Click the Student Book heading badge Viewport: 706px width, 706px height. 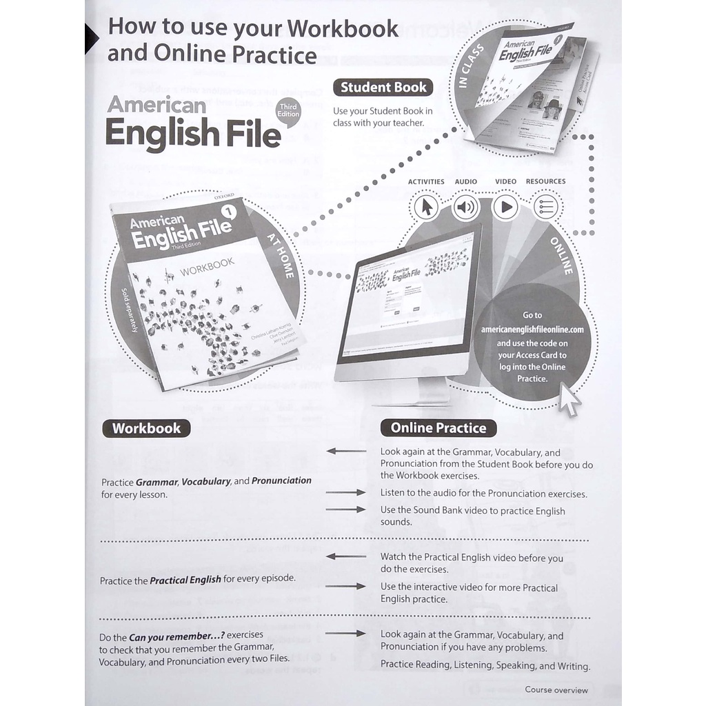[383, 88]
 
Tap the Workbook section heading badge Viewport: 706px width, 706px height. [146, 428]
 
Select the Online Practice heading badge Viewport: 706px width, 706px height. [438, 428]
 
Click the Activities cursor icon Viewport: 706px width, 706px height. [426, 206]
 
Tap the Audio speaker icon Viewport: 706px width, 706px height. [466, 206]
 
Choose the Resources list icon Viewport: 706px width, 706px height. [546, 206]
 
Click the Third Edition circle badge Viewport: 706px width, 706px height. [288, 110]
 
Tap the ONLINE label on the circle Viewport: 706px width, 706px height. [561, 256]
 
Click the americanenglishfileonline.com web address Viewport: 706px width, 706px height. [532, 330]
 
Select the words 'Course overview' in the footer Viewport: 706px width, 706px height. [556, 689]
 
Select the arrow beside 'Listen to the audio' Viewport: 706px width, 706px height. [345, 493]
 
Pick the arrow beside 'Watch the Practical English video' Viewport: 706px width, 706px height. [345, 556]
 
